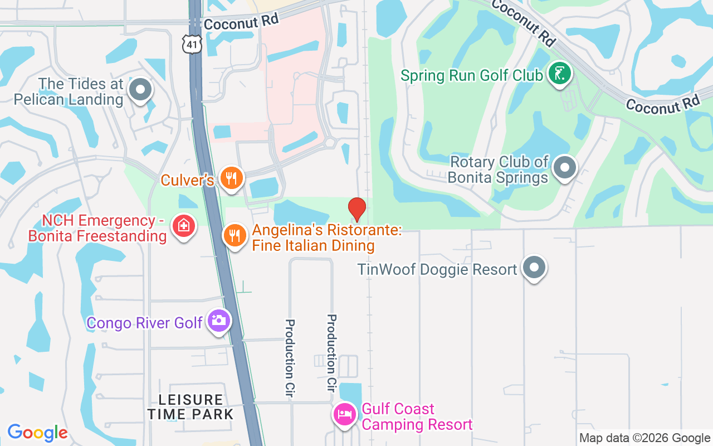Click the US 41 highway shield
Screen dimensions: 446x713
pos(191,43)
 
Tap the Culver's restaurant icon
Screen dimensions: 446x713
pos(229,178)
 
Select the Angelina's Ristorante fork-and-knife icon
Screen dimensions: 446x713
pos(235,235)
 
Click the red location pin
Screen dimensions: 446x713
pos(356,210)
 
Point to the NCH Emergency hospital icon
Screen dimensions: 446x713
pos(183,226)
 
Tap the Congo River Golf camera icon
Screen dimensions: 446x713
pos(218,321)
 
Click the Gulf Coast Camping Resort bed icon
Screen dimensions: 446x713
pos(345,414)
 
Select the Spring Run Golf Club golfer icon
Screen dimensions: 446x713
pos(559,74)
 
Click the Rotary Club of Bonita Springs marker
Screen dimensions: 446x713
pos(565,167)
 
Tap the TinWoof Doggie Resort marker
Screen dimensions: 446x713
pos(534,268)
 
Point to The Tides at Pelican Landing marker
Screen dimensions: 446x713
pos(140,89)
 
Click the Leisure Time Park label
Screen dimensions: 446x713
pos(191,407)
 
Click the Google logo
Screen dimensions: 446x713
pos(37,433)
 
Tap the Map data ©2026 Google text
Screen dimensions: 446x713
pos(644,438)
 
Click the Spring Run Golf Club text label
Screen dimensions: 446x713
pos(471,75)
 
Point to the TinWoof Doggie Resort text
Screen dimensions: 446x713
pos(437,270)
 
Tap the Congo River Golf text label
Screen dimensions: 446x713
pos(145,323)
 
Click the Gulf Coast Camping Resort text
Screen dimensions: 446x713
pos(417,416)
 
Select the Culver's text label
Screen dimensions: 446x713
pos(187,180)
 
